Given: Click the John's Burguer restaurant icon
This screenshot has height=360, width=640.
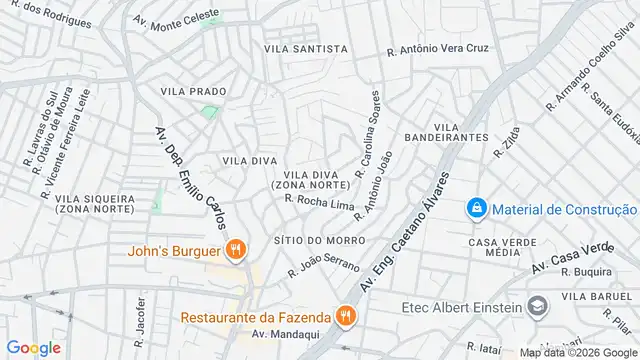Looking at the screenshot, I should point(236,250).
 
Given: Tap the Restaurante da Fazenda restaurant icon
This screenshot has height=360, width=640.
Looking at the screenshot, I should point(345,317).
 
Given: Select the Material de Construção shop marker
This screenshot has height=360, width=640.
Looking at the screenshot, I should point(477,208).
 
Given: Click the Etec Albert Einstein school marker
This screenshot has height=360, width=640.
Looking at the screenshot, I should point(539,306).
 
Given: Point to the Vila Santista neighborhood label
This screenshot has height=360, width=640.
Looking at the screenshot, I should point(306,48).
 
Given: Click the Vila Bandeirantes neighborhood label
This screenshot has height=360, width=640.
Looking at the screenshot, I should point(446,131).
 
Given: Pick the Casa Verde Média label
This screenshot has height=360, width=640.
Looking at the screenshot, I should point(501,247).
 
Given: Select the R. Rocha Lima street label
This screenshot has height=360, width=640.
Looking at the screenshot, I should point(320,204).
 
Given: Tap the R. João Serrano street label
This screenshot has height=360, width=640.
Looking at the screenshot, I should point(323,264).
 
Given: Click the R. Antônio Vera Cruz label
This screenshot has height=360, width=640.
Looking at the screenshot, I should point(439,47).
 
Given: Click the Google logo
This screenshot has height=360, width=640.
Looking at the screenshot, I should point(33,347).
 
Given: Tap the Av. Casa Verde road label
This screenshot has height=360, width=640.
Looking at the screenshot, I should point(571,259).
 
